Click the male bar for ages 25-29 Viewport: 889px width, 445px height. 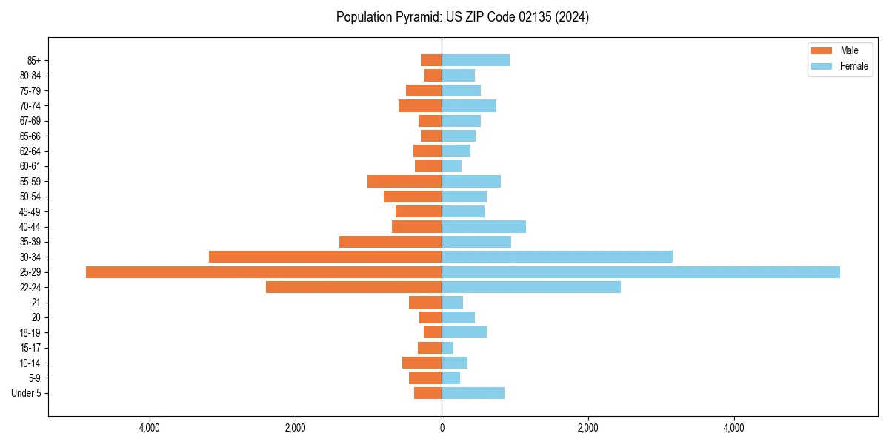[x=264, y=272]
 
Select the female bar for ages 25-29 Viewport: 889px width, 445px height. [x=641, y=272]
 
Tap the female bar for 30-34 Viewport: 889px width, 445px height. [x=557, y=257]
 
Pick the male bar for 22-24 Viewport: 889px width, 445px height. [x=354, y=287]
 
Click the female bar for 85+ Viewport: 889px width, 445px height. [x=476, y=60]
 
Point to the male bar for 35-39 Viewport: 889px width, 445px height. [x=390, y=242]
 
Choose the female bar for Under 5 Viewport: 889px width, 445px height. [x=473, y=393]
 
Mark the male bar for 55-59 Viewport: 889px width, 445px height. [x=404, y=181]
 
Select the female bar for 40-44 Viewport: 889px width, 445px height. [x=484, y=226]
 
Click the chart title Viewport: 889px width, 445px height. [x=462, y=17]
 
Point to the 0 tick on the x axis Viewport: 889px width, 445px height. [x=442, y=428]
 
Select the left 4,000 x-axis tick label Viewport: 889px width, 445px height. [x=150, y=428]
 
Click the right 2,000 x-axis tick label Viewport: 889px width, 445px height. [x=588, y=428]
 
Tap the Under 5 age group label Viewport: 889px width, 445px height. [x=26, y=393]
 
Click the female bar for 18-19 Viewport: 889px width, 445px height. [x=465, y=332]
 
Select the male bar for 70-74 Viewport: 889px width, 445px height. [x=420, y=105]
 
